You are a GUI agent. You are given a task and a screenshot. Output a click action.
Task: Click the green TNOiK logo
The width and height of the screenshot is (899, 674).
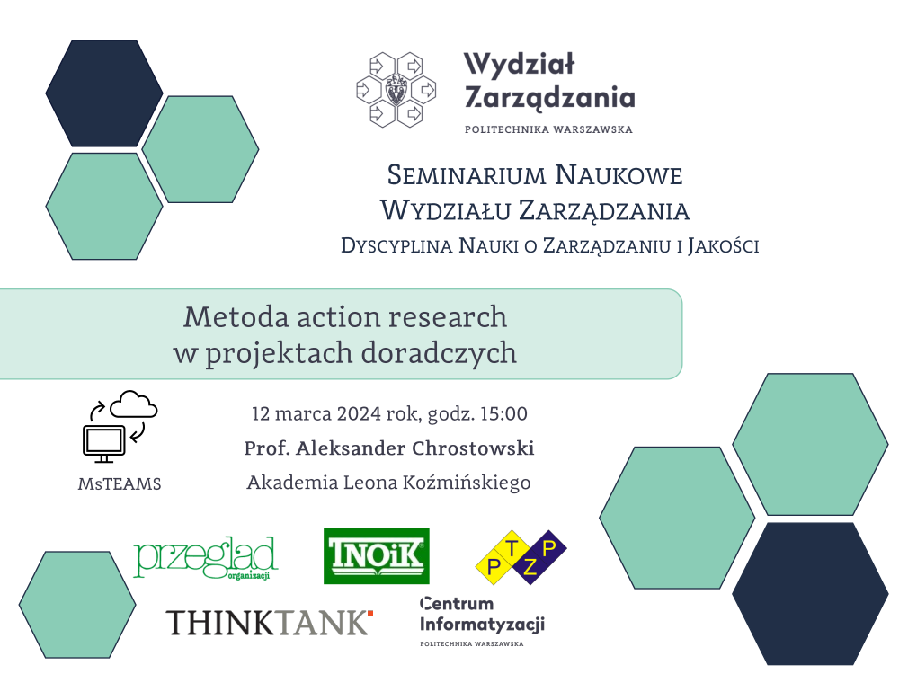pyautogui.click(x=376, y=556)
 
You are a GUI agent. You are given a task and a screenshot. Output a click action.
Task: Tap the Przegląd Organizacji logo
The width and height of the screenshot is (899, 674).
pyautogui.click(x=206, y=558)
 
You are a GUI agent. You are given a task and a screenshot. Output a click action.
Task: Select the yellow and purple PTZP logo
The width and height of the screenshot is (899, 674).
pyautogui.click(x=521, y=557)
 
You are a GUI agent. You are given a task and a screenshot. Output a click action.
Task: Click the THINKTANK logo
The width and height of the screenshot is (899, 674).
pyautogui.click(x=270, y=623)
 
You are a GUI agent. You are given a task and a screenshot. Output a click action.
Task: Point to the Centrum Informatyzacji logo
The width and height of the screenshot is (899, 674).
pyautogui.click(x=482, y=621)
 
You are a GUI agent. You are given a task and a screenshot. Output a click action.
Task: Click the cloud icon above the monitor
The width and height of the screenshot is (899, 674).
pyautogui.click(x=134, y=404)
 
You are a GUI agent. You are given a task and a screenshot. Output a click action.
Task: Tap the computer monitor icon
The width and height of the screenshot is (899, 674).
pyautogui.click(x=103, y=444)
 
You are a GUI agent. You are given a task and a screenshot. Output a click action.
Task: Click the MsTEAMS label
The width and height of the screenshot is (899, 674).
pyautogui.click(x=120, y=484)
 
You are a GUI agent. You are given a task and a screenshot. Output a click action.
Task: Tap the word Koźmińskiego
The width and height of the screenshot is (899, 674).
pyautogui.click(x=467, y=483)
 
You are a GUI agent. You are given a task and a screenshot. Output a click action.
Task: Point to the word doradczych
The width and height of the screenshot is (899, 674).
pyautogui.click(x=440, y=353)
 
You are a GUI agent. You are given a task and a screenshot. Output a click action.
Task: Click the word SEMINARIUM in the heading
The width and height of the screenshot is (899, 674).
pyautogui.click(x=466, y=175)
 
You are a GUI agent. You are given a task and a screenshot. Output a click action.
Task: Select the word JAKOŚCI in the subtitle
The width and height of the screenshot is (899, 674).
pyautogui.click(x=724, y=246)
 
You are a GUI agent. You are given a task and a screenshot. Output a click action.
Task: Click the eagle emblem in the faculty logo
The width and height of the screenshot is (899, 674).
pyautogui.click(x=396, y=90)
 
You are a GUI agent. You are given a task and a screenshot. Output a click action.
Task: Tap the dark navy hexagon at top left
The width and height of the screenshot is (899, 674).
pyautogui.click(x=104, y=93)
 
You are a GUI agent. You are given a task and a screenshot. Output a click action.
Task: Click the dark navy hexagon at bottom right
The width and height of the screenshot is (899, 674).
pyautogui.click(x=810, y=594)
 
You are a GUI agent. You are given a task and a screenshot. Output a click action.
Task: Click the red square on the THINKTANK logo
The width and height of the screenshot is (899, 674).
pyautogui.click(x=370, y=614)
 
